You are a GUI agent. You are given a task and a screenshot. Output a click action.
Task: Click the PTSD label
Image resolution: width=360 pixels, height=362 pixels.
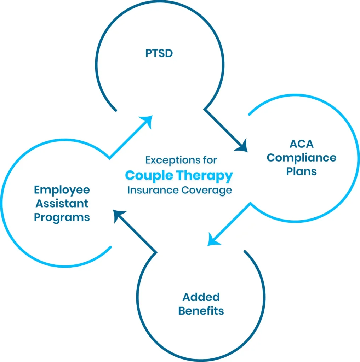(x=159, y=54)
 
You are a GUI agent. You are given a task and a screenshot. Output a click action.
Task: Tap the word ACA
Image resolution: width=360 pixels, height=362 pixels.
(x=301, y=144)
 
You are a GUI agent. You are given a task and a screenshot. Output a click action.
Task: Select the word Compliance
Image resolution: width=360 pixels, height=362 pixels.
(x=301, y=158)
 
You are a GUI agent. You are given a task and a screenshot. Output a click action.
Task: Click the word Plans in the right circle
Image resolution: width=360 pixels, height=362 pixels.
(x=301, y=171)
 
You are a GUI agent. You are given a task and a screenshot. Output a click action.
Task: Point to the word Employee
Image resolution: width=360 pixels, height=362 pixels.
(x=62, y=190)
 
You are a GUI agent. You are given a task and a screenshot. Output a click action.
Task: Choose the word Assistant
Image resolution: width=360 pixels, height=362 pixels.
(x=62, y=204)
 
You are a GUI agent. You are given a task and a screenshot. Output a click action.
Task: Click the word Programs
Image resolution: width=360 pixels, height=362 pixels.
(x=62, y=217)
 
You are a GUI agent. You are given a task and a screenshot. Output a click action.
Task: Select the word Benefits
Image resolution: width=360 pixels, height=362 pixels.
(x=201, y=311)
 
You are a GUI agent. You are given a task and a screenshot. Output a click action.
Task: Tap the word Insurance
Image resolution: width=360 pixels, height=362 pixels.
(x=153, y=190)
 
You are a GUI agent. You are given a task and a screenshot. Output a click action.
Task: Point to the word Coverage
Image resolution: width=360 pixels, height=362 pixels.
(x=207, y=190)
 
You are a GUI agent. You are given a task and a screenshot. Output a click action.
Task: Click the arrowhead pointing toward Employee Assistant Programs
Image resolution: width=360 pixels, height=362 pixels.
(x=119, y=215)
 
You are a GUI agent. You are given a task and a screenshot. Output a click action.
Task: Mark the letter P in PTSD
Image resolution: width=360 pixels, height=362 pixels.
(x=148, y=54)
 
